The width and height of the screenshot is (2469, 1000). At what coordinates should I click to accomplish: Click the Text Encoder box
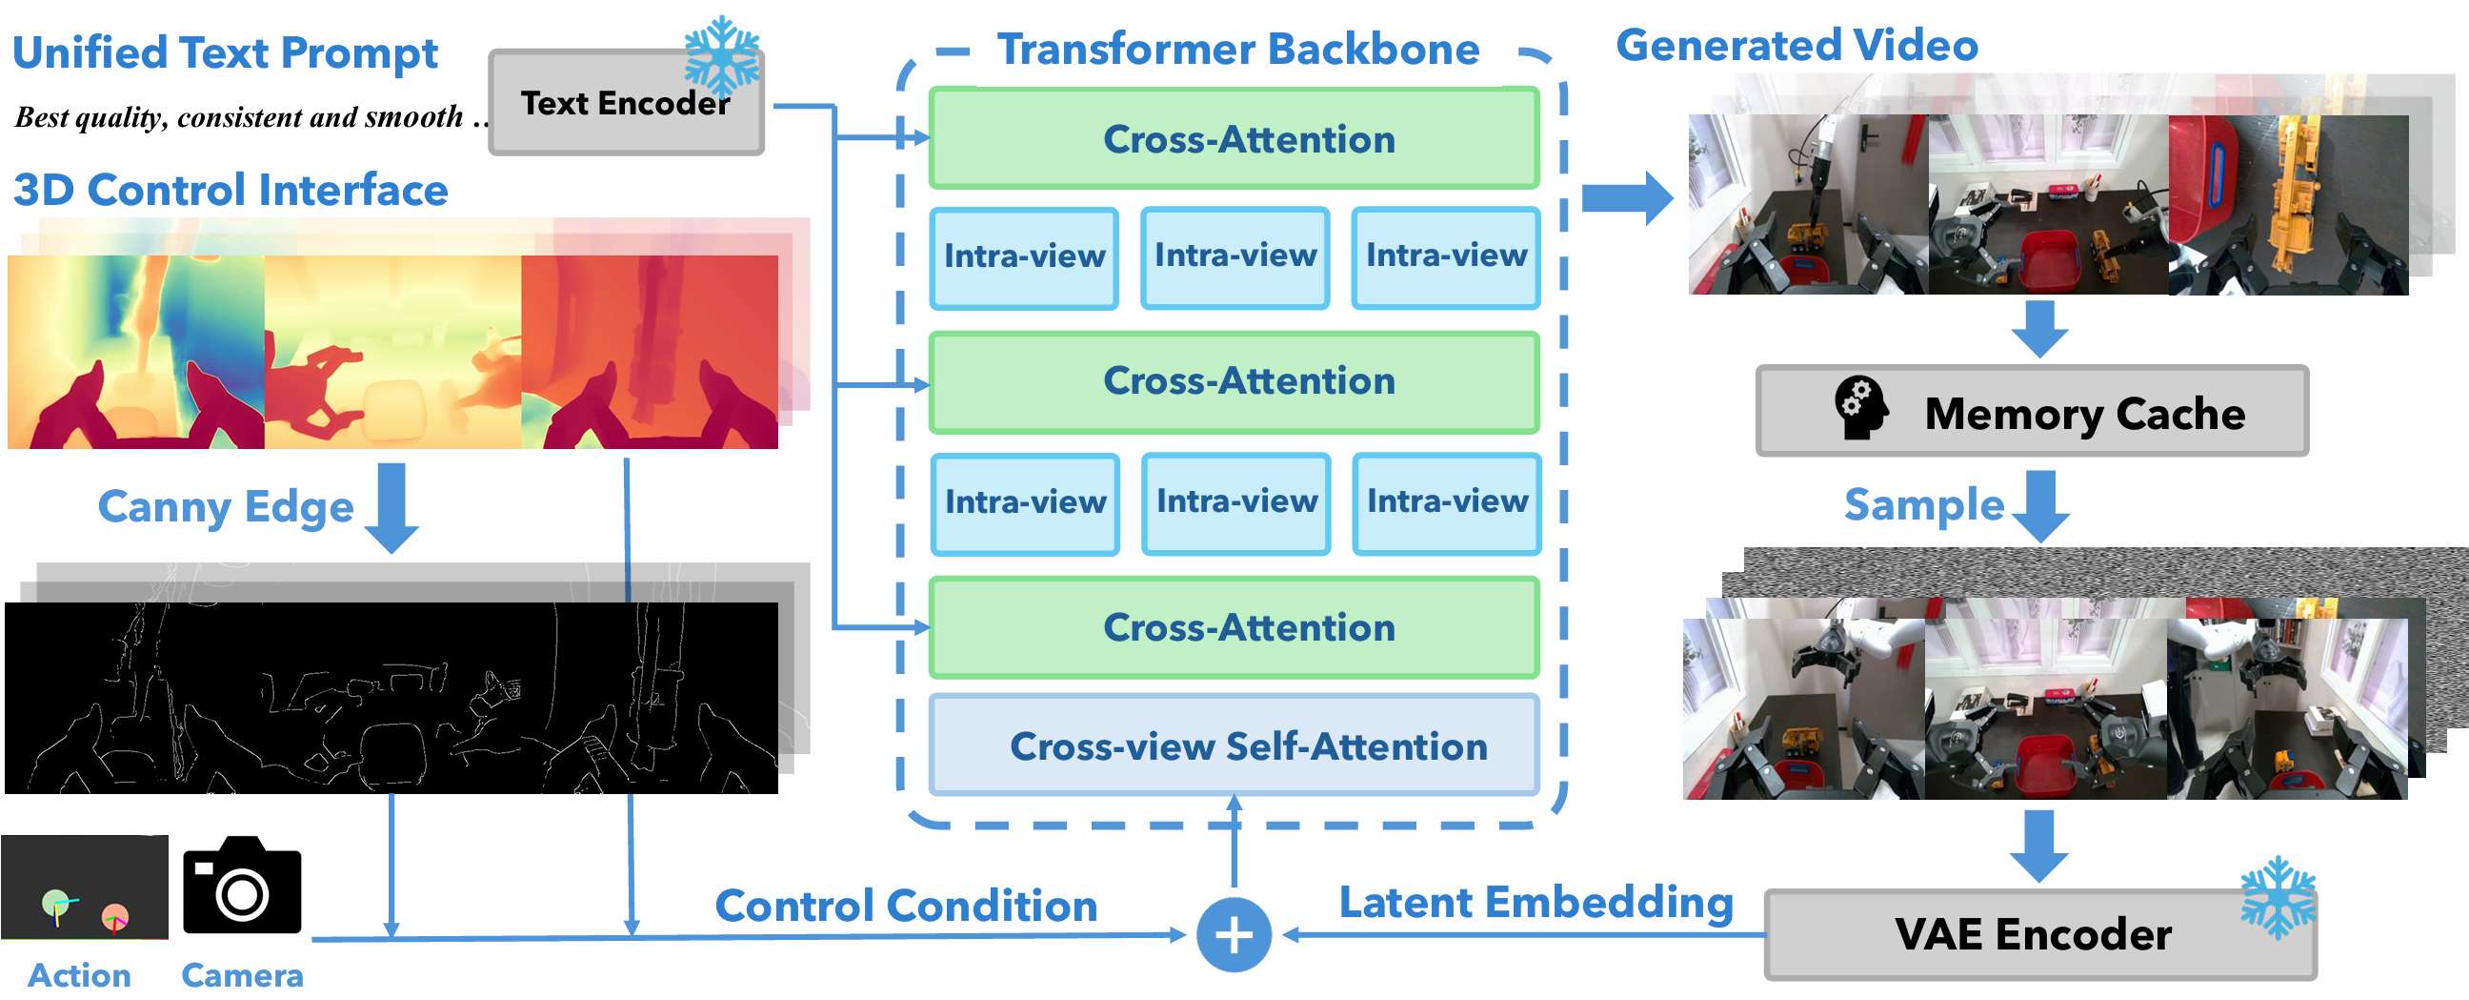click(625, 104)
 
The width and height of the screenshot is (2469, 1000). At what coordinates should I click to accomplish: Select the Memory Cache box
click(2031, 411)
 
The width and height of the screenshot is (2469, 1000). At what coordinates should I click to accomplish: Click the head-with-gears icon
click(1860, 407)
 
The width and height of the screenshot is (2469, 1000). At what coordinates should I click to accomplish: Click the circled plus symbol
click(1234, 935)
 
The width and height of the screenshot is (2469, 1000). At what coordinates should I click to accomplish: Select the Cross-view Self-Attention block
click(1234, 745)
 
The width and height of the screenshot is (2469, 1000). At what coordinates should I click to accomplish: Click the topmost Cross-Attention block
click(1234, 139)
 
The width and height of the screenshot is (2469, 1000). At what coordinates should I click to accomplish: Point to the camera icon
click(242, 886)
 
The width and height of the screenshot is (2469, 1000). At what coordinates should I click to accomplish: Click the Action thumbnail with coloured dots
click(85, 887)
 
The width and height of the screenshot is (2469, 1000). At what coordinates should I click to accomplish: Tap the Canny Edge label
click(225, 506)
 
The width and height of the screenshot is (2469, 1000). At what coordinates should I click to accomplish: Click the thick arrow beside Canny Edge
click(391, 507)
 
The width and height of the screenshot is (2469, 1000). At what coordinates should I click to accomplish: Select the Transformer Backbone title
click(1237, 50)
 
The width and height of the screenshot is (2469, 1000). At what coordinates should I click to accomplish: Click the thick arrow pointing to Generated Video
click(1626, 198)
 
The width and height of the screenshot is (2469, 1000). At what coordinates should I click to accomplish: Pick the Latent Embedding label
click(1536, 902)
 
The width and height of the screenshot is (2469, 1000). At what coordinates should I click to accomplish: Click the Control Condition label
click(906, 906)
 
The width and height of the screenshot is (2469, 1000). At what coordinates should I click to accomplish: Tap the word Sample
click(1922, 505)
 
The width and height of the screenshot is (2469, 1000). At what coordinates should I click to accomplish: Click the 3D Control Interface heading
click(230, 190)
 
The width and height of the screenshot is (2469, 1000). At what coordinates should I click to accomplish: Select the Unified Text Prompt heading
click(225, 53)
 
